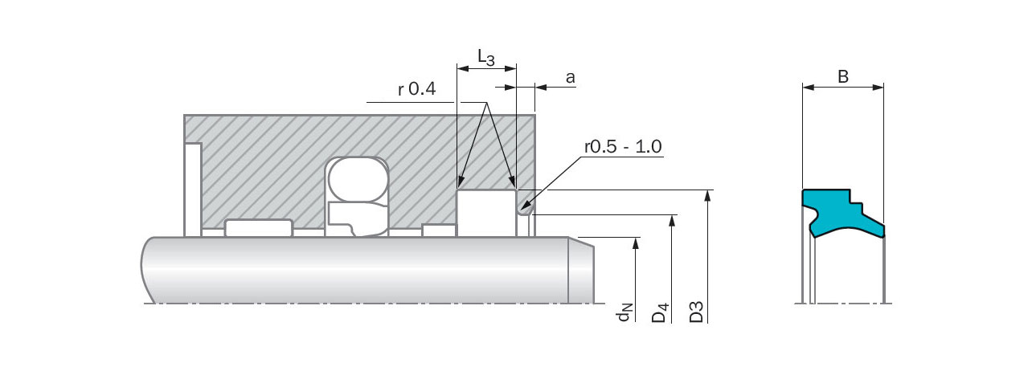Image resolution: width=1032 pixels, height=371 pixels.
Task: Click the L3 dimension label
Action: point(486,56)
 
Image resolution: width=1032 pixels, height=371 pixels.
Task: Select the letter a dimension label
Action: point(570,77)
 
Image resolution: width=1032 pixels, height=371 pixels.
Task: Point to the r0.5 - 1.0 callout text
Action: point(623,147)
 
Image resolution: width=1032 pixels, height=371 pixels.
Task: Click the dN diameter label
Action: point(625,313)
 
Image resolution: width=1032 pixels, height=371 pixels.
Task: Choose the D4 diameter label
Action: point(660,312)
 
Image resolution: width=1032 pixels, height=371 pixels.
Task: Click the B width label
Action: point(843,77)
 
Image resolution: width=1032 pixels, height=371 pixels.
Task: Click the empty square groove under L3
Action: point(486,213)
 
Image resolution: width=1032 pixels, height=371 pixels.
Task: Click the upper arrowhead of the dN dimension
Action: point(636,243)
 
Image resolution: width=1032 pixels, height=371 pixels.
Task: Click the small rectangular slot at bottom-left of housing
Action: point(258,228)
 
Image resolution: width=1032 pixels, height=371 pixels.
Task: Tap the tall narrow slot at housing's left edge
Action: point(193,190)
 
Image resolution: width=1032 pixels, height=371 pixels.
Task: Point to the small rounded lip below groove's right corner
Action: point(525,210)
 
